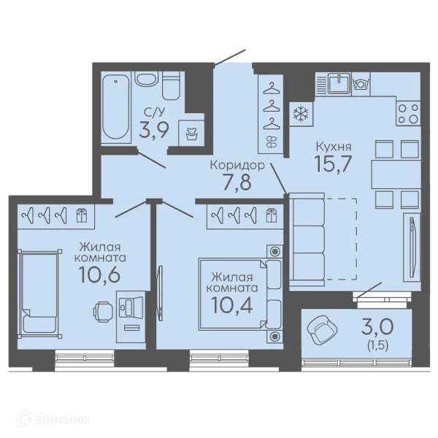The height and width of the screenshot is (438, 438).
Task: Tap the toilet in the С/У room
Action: coord(171,85)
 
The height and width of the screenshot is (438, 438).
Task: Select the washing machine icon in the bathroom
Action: coord(191,134)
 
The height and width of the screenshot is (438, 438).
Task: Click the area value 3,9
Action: coord(154,130)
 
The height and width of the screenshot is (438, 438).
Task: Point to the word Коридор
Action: coord(237,165)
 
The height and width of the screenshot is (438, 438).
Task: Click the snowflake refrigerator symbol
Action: coord(301,115)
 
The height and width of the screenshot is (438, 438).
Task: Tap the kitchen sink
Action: coord(339,82)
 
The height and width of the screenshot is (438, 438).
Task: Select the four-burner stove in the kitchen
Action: coord(408,113)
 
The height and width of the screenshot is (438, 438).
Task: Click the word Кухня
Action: coord(334,147)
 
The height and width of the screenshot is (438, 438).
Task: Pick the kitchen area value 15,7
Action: coord(333,164)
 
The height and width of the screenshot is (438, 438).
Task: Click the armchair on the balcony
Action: coord(322,330)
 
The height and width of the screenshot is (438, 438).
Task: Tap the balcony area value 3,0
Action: coord(377,327)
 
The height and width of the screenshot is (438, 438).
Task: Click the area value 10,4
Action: coord(232,305)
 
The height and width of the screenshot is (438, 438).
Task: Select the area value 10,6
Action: coord(100,274)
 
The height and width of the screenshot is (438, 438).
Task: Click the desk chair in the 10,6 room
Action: coord(103,312)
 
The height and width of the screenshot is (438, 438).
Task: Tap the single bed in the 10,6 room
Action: coord(39,293)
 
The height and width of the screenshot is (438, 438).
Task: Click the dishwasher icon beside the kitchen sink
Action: coord(361,83)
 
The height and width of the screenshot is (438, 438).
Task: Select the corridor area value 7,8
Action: coord(237,182)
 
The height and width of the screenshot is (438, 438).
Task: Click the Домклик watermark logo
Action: coord(53,419)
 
